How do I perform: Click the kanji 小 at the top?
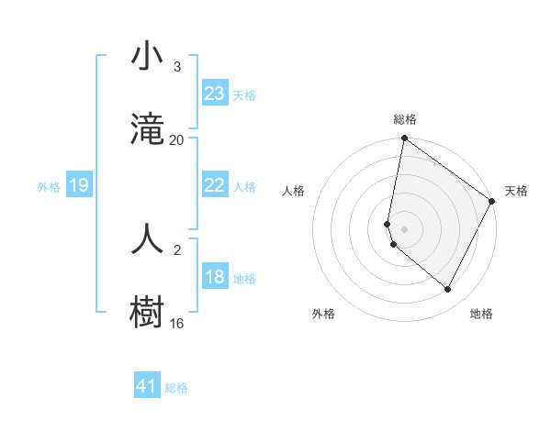pyautogui.click(x=148, y=57)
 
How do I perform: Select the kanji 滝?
pyautogui.click(x=148, y=129)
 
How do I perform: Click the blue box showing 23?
pyautogui.click(x=215, y=94)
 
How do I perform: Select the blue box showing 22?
pyautogui.click(x=215, y=185)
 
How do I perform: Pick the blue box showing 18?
pyautogui.click(x=215, y=277)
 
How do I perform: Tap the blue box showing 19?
pyautogui.click(x=78, y=185)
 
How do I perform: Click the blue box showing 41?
pyautogui.click(x=147, y=386)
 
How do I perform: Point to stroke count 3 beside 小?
pyautogui.click(x=176, y=67)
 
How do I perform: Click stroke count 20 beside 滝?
pyautogui.click(x=176, y=139)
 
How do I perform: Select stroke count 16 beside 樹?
pyautogui.click(x=176, y=323)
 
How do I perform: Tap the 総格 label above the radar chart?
pyautogui.click(x=405, y=119)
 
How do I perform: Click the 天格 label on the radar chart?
pyautogui.click(x=516, y=191)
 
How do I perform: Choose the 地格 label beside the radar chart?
pyautogui.click(x=481, y=314)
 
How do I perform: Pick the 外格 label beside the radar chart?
pyautogui.click(x=323, y=314)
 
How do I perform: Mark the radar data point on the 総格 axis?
pyautogui.click(x=404, y=139)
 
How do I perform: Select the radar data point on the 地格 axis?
pyautogui.click(x=448, y=290)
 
